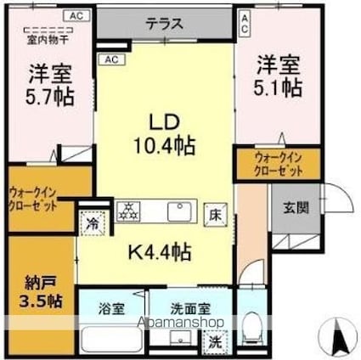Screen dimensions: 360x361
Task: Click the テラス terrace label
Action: click(163, 24)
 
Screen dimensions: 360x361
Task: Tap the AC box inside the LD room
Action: click(110, 59)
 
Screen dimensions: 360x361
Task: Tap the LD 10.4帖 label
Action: click(163, 132)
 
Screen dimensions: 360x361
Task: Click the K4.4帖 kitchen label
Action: click(159, 252)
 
